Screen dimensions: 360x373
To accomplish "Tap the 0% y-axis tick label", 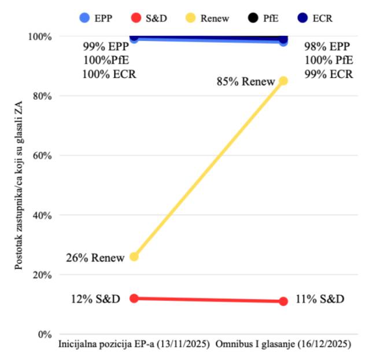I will (x=43, y=335).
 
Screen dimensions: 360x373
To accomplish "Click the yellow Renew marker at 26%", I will (x=134, y=256).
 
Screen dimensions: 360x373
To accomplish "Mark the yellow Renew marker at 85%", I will (x=283, y=80).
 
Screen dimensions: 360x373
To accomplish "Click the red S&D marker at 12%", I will (x=134, y=298).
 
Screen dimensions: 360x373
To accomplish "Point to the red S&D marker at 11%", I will (x=283, y=301).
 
